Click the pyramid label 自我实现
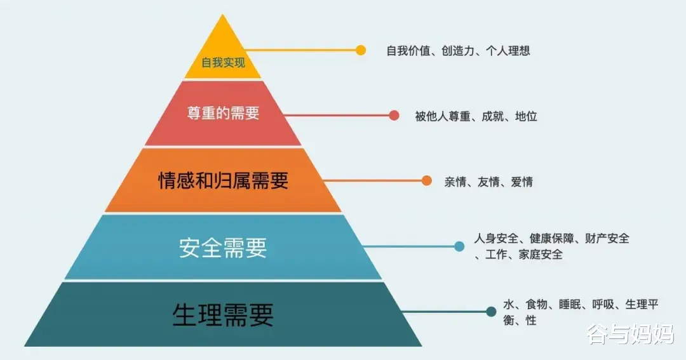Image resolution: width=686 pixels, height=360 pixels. pos(223,63)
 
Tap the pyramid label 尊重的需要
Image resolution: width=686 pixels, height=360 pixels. pos(223,114)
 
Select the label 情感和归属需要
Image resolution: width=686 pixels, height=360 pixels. pos(223,180)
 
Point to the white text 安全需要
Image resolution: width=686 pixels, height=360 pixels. pos(223,248)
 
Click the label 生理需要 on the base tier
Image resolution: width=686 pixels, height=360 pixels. pos(223,314)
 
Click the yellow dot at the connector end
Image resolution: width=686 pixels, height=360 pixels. pos(361,50)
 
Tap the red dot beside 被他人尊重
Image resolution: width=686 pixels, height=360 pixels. pos(394,116)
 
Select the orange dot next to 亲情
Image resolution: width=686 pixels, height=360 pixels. pos(426,180)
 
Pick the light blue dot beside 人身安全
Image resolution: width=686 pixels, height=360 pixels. pos(459,246)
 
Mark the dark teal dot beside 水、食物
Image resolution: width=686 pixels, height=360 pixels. pos(491,312)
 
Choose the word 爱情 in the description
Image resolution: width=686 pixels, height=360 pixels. pos(521,182)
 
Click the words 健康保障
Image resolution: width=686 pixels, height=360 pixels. pos(553,239)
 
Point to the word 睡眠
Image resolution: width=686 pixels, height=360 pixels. pos(570,304)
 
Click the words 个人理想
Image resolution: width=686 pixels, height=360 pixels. pos(508,50)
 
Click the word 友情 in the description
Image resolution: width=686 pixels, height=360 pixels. pos(488,182)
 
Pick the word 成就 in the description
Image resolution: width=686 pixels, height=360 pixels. pos(493,116)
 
